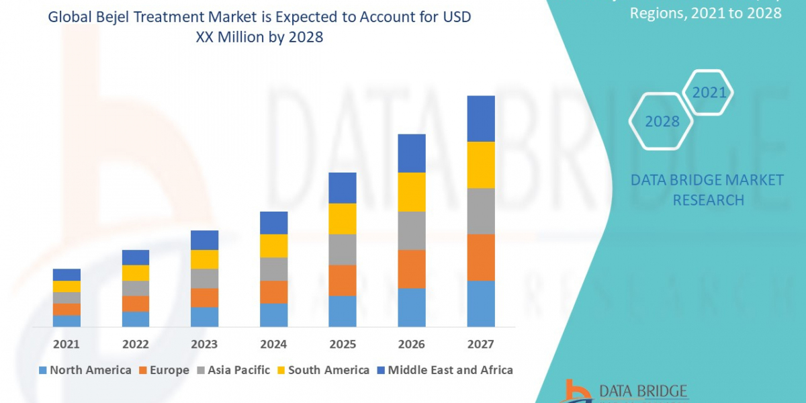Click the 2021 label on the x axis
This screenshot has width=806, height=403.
tap(66, 345)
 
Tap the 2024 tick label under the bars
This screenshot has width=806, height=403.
tap(273, 345)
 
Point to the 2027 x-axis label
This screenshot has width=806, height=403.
tap(480, 345)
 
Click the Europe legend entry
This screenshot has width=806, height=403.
tap(164, 370)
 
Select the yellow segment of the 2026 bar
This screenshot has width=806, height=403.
tap(412, 192)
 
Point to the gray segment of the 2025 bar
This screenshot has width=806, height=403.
tap(343, 249)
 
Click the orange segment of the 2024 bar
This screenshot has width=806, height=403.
tap(273, 292)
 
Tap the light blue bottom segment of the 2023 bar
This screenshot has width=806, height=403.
tap(204, 317)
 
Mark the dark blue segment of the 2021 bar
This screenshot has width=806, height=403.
tap(66, 274)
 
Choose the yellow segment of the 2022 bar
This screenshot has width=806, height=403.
tap(136, 273)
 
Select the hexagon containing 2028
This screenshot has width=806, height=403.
tap(662, 122)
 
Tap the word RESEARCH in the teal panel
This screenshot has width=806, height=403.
tap(708, 200)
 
